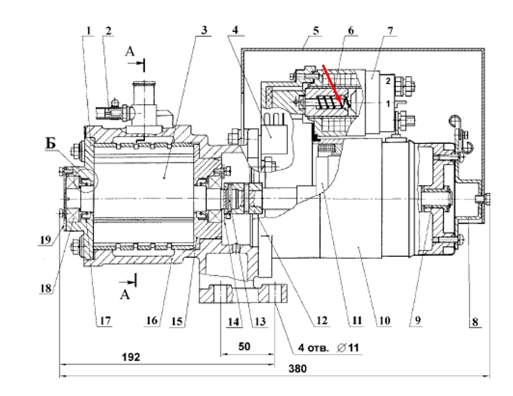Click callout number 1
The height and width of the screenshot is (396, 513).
[x=88, y=31]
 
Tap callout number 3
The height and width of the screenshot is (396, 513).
[x=204, y=30]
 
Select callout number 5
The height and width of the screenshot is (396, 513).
[x=316, y=31]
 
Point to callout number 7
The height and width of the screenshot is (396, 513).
[x=390, y=31]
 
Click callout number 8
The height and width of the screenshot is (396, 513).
[x=475, y=322]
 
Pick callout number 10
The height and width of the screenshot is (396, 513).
[x=385, y=320]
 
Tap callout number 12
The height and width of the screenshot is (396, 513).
[x=322, y=320]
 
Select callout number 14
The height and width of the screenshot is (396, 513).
[x=234, y=322]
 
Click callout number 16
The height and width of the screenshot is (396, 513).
[x=152, y=320]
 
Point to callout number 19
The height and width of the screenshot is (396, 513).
[x=46, y=240]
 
